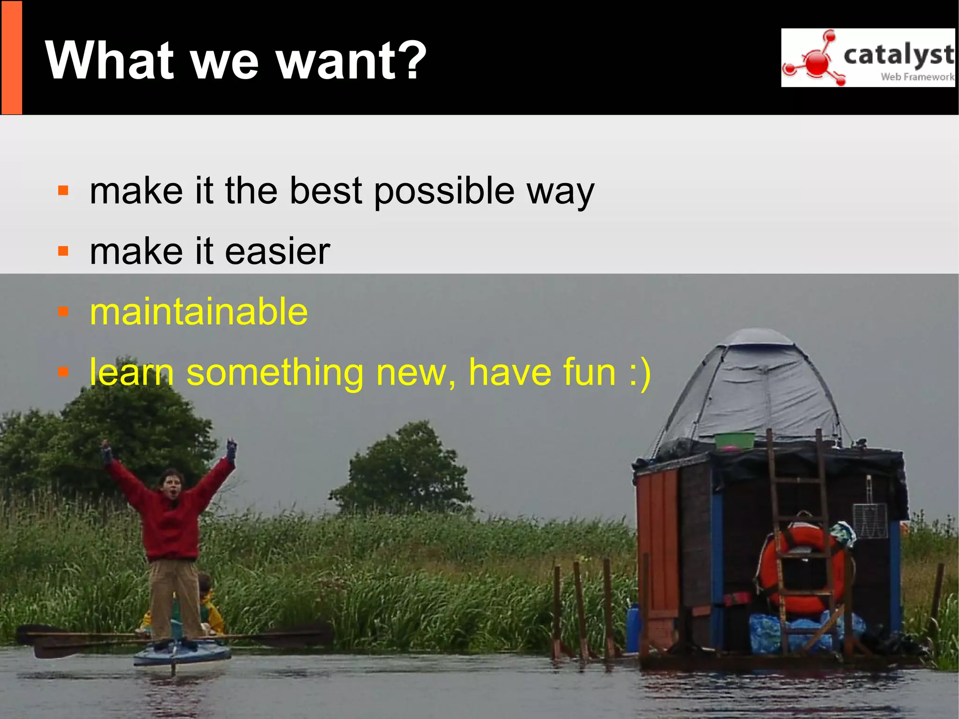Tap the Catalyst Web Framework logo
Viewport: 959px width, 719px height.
click(868, 58)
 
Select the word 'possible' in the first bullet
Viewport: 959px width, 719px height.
click(444, 192)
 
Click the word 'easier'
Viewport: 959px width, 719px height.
click(278, 252)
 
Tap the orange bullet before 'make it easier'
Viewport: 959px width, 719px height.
click(63, 251)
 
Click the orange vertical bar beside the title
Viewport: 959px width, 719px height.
click(12, 58)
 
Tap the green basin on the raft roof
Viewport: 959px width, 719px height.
click(734, 440)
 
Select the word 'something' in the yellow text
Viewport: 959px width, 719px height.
click(275, 373)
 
